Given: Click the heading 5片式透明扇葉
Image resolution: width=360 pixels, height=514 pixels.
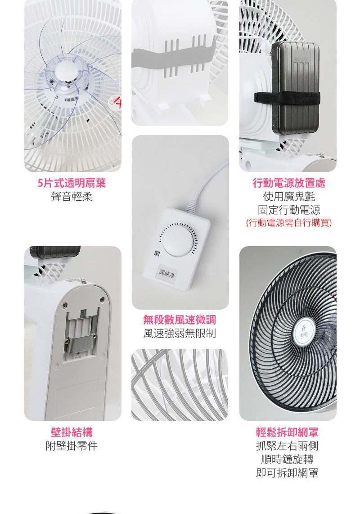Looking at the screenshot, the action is [72, 183].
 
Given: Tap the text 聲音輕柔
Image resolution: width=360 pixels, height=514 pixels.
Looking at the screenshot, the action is [72, 197].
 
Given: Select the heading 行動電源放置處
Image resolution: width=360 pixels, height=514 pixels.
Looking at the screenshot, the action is [289, 183].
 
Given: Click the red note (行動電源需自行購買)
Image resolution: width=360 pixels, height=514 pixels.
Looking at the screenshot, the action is [289, 223].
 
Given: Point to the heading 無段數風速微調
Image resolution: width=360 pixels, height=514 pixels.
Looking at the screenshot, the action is [180, 320].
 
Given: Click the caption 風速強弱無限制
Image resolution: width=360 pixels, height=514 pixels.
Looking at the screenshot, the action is [180, 334].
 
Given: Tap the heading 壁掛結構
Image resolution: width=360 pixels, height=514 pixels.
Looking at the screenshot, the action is [72, 433].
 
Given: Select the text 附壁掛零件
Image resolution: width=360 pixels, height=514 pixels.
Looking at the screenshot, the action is [72, 446].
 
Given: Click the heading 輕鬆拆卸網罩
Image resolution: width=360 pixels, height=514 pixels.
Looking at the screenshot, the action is [287, 433].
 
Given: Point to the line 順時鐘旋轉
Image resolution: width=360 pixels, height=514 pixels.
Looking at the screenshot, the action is [287, 459].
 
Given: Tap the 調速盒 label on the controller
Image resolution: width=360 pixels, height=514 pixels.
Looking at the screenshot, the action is [167, 273].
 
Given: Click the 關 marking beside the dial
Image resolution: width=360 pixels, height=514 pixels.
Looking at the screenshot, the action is [157, 253].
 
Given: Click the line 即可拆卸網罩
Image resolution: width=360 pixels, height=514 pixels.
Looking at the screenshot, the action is [287, 473].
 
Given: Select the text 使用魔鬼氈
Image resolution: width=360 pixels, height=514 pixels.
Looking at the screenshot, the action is [289, 197].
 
